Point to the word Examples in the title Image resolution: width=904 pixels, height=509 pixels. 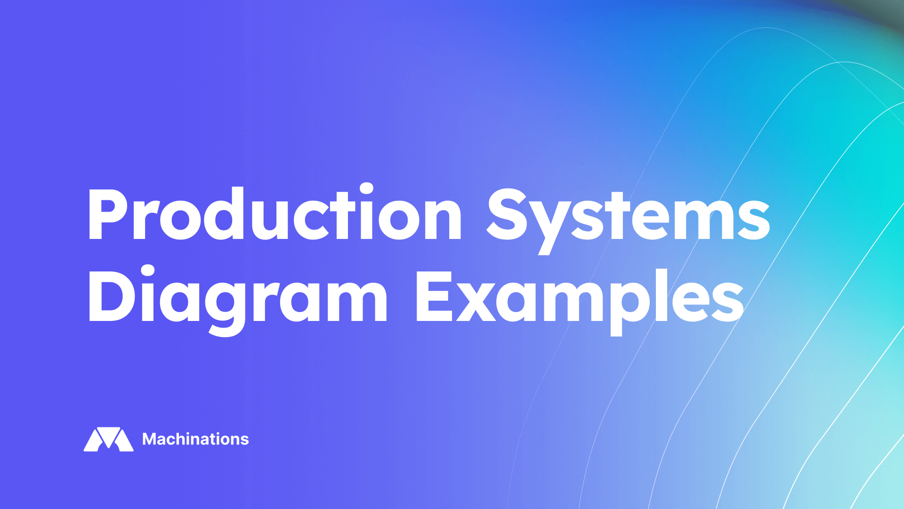(579, 297)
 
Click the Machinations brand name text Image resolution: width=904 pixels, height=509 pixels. (195, 439)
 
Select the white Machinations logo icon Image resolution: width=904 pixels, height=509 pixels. (108, 439)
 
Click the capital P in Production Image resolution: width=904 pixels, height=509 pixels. (107, 214)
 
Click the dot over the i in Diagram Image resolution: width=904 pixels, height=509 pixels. (148, 271)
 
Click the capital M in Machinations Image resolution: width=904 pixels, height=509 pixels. (150, 439)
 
